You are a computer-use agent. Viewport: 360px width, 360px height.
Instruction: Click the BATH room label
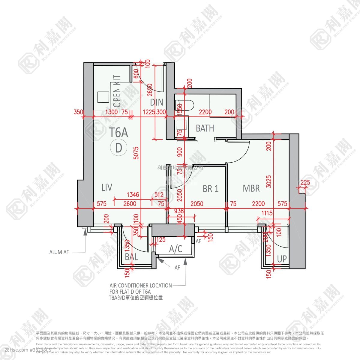click(x=205, y=128)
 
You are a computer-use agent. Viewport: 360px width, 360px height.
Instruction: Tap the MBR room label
click(x=251, y=188)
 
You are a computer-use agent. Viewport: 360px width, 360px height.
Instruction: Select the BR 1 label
click(x=211, y=189)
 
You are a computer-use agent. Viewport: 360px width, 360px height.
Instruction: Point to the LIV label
click(x=107, y=187)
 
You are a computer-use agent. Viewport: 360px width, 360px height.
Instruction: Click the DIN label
click(x=157, y=102)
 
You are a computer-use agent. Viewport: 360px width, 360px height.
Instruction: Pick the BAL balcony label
click(x=131, y=257)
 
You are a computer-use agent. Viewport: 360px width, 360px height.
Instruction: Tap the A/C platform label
click(x=175, y=249)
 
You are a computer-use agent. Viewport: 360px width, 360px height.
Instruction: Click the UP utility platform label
click(x=282, y=259)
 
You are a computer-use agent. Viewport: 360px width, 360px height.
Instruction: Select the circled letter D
click(x=119, y=148)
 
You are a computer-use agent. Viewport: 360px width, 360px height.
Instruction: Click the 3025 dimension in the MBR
click(x=269, y=181)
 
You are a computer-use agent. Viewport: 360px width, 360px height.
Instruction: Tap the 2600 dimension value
click(x=130, y=204)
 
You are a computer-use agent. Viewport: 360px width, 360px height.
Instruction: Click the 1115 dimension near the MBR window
click(x=267, y=213)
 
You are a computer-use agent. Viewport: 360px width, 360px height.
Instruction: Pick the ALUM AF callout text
click(x=59, y=252)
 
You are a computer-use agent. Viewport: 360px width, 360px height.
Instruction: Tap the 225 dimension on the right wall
click(x=305, y=182)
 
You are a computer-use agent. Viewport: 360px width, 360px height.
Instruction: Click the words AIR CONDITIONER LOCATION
click(x=141, y=285)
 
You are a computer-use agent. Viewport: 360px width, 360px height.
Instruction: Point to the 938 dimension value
click(x=179, y=211)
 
